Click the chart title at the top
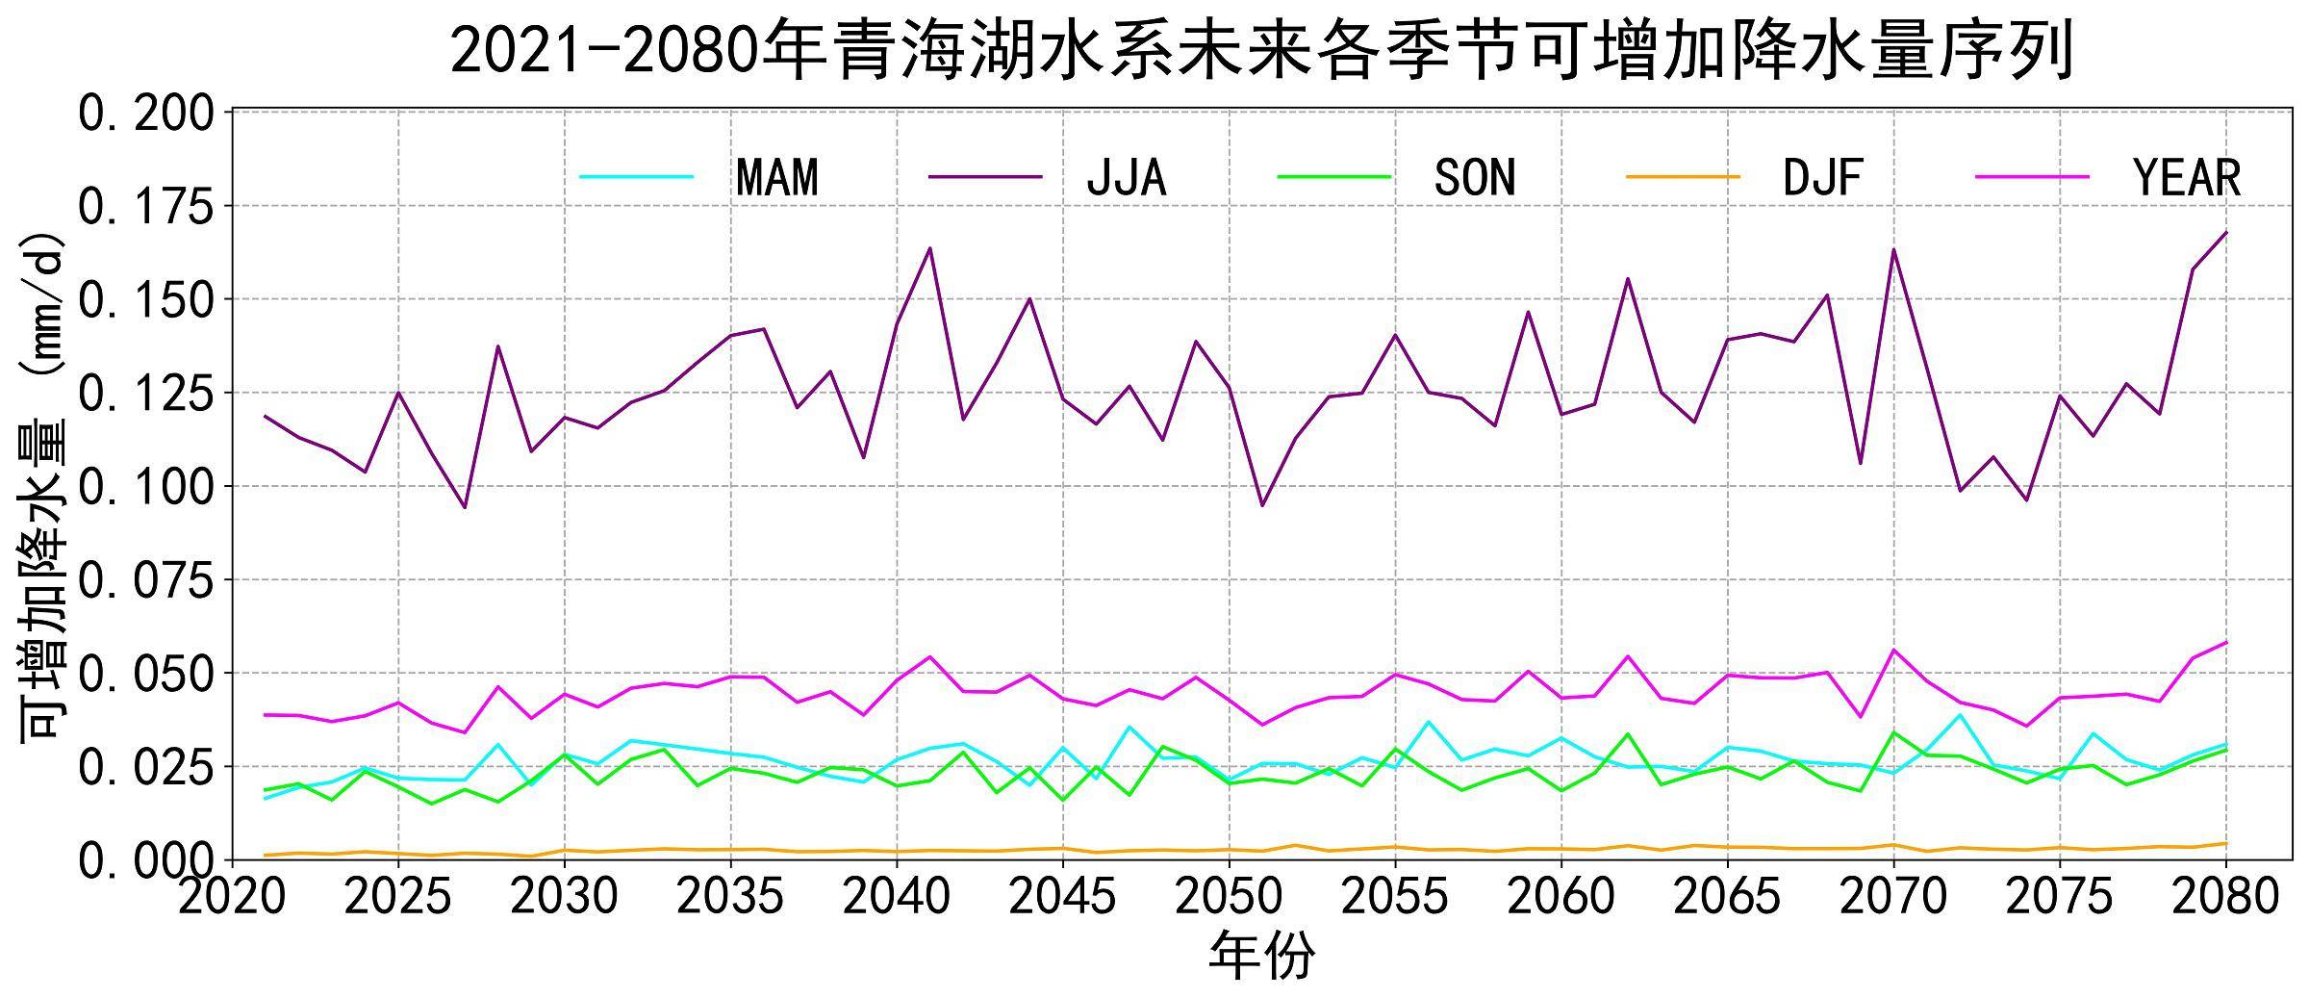[x=1260, y=50]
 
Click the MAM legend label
[x=776, y=178]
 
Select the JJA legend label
[x=1126, y=178]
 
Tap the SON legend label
[x=1474, y=178]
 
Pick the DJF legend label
[x=1822, y=178]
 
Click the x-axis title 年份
[x=1260, y=957]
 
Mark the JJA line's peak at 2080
[x=2225, y=232]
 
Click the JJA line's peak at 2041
[x=930, y=248]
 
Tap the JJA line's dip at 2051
[x=1262, y=505]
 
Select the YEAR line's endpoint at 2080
[x=2225, y=642]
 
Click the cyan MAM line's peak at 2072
[x=1960, y=714]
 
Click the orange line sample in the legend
[x=1683, y=177]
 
